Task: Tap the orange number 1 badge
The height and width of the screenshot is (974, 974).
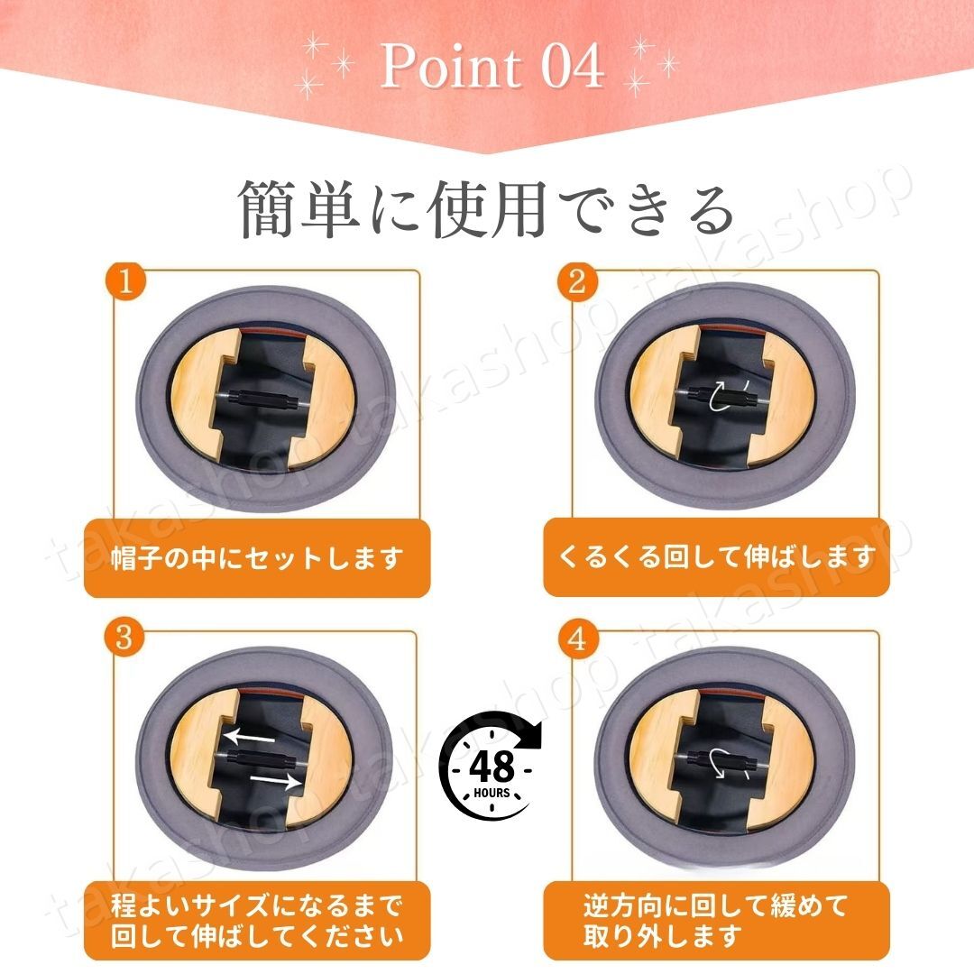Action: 125,281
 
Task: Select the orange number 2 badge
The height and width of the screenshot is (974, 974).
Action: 577,281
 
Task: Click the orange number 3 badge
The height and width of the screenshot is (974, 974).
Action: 125,639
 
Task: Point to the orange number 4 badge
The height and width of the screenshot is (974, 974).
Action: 577,639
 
